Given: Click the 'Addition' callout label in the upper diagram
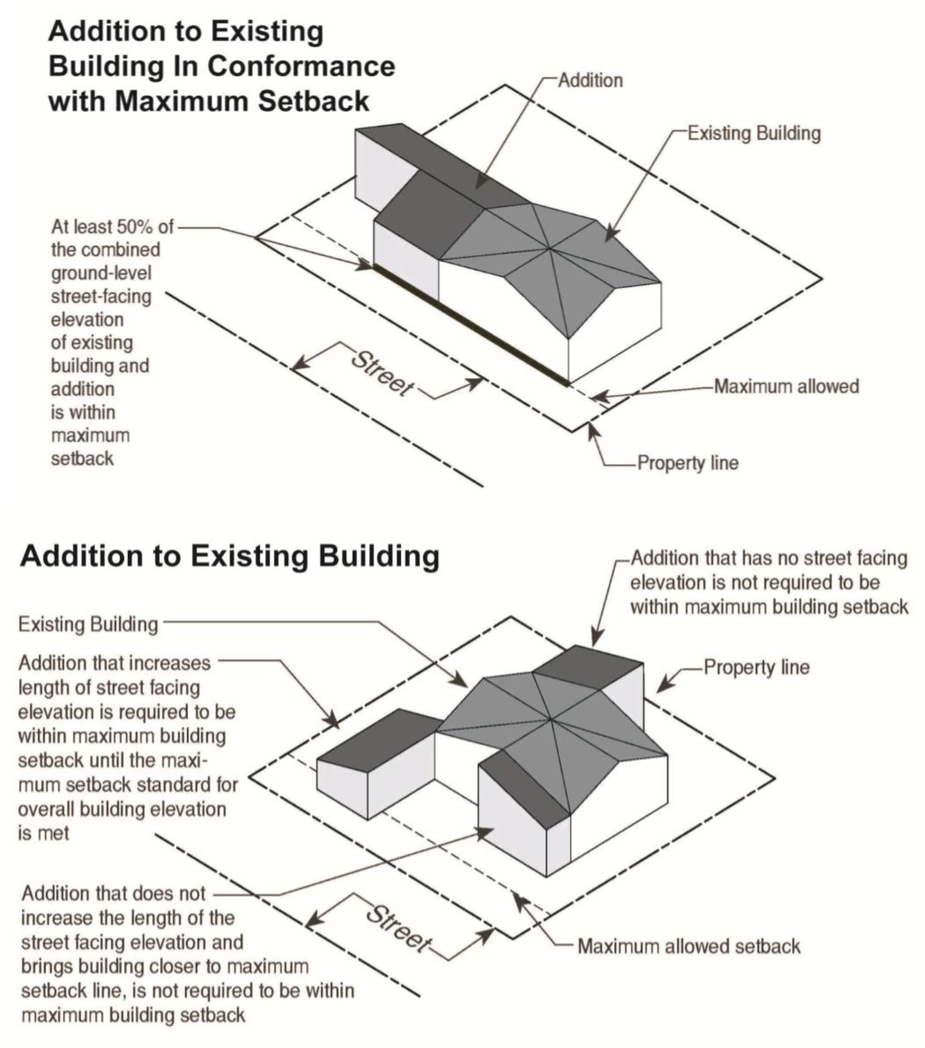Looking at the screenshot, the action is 590,80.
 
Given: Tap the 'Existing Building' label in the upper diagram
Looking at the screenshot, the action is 754,134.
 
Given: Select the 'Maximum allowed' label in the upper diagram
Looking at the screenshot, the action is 786,387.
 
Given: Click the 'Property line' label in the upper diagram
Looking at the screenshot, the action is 688,463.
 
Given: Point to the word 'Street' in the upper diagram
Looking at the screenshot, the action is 382,374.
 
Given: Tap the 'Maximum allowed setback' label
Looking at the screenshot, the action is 689,947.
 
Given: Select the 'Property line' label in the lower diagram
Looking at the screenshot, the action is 756,667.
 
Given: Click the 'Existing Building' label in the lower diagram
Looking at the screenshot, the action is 89,624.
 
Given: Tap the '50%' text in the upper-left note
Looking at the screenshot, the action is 136,226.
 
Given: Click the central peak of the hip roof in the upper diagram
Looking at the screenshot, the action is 549,250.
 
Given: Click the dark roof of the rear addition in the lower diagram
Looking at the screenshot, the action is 589,666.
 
